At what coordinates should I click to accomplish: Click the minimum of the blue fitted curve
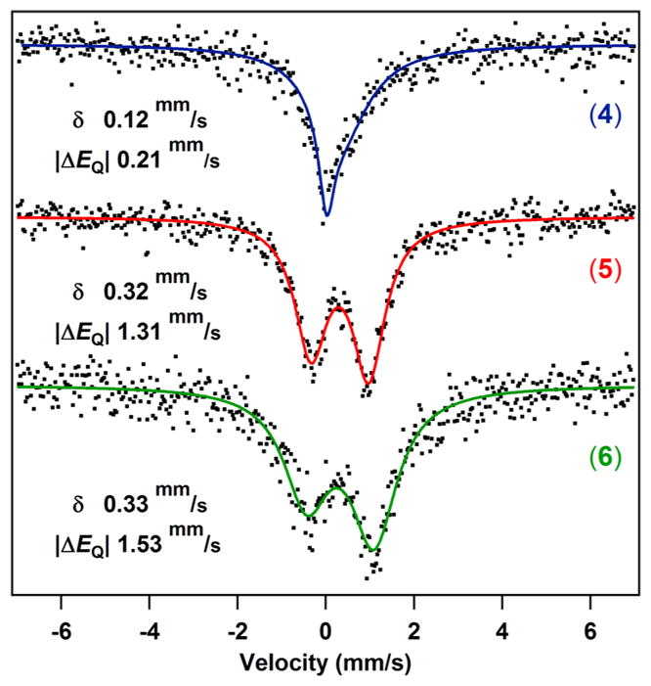click(326, 215)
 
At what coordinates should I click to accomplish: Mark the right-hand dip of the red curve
click(369, 383)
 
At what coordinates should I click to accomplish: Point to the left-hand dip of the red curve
click(311, 364)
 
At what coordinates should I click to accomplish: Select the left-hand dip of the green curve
click(308, 516)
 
